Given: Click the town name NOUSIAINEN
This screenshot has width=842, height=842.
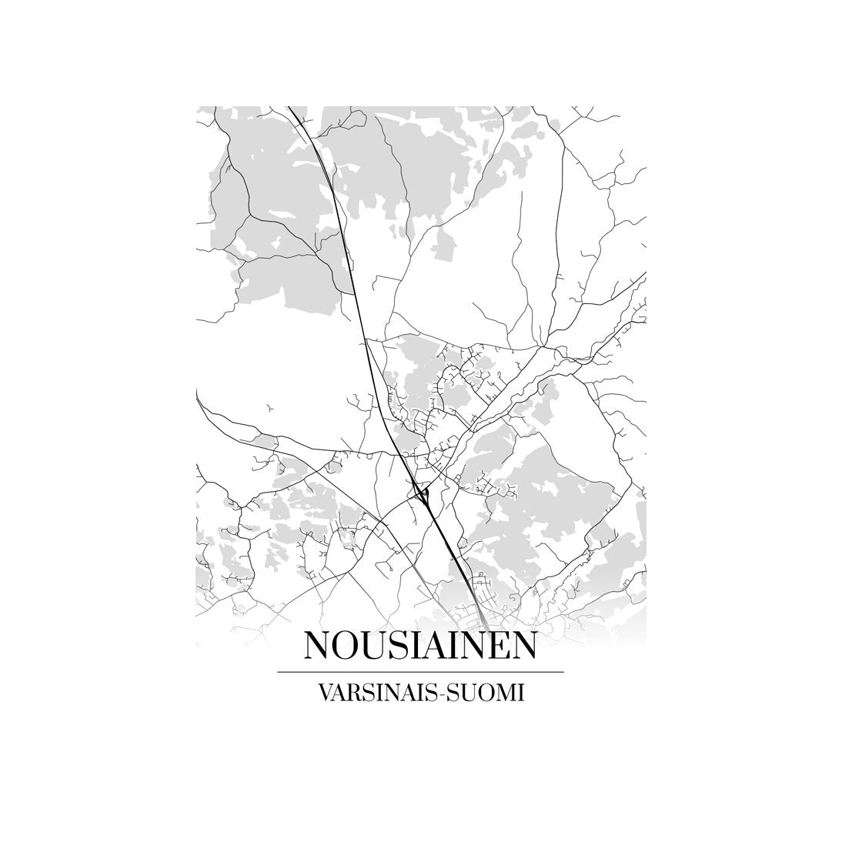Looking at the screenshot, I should (420, 646).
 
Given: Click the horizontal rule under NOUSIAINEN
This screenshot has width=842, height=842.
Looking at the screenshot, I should (420, 672).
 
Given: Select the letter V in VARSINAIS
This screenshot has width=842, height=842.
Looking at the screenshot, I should (322, 693).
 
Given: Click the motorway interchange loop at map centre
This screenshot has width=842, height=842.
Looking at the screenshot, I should (420, 493).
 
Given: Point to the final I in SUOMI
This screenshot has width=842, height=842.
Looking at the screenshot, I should (520, 693).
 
